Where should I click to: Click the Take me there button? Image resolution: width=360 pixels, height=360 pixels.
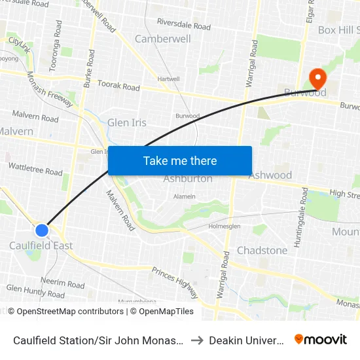(x=180, y=161)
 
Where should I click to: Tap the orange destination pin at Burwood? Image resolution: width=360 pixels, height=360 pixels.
(x=317, y=79)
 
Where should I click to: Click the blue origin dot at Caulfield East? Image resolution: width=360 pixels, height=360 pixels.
(x=42, y=230)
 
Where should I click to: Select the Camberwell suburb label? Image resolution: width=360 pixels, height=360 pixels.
(x=162, y=39)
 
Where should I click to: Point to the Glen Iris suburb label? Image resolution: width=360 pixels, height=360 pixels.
(x=127, y=122)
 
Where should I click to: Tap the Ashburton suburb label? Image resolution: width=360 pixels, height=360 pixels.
(x=188, y=179)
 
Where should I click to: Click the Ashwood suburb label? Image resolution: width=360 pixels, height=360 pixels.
(x=270, y=175)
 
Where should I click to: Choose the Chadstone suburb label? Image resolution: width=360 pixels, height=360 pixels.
(x=262, y=250)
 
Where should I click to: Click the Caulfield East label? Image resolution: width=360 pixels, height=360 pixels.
(x=41, y=245)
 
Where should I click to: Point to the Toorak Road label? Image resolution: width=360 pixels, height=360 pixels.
(x=118, y=86)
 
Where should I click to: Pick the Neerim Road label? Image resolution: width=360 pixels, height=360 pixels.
(x=62, y=284)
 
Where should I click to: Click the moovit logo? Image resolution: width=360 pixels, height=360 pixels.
(x=321, y=339)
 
